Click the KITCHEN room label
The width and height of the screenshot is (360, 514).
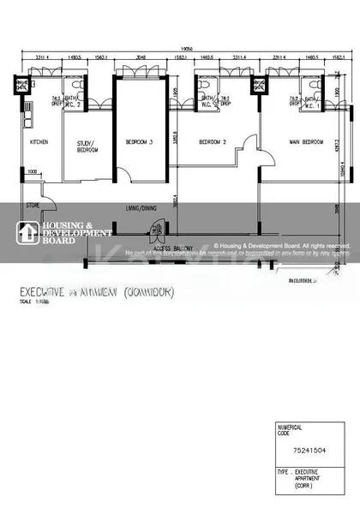coord(39,142)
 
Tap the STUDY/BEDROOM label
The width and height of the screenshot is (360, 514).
coord(87,146)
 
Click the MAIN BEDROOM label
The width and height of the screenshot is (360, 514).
coord(306,142)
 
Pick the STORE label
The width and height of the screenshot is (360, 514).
coord(33,206)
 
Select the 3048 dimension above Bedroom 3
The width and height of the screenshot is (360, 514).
coord(141,58)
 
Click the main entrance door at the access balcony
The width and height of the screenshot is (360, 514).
coord(155,232)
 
